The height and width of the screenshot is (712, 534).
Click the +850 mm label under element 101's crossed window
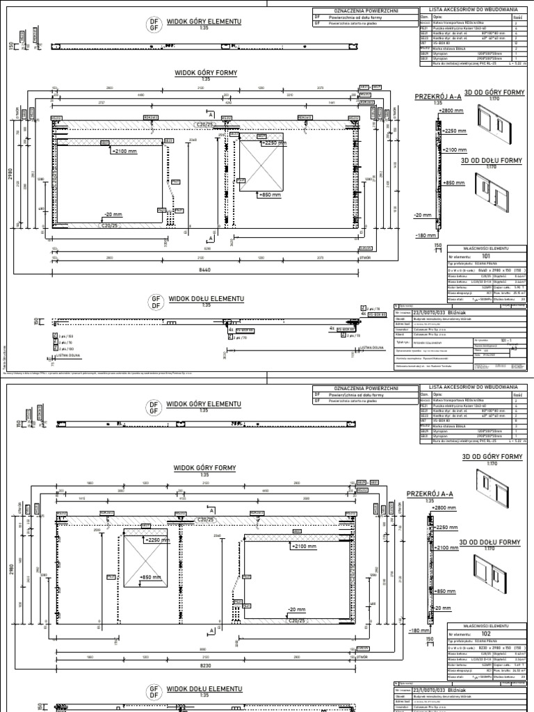tap(270, 195)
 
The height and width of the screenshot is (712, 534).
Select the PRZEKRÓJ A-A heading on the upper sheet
tap(439, 97)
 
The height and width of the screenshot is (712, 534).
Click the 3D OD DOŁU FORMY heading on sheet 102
tap(489, 542)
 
